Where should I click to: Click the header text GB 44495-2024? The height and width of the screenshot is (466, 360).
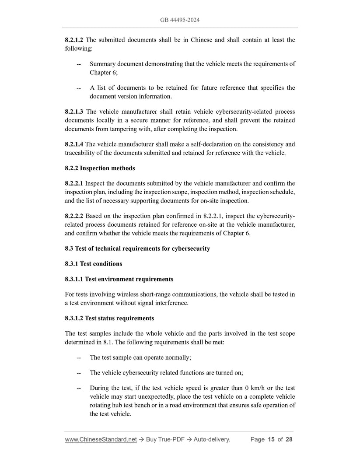coord(180,20)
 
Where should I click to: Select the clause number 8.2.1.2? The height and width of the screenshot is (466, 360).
coord(74,40)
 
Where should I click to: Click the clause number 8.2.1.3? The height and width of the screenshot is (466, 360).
coord(74,112)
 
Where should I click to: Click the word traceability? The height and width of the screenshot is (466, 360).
coord(81,153)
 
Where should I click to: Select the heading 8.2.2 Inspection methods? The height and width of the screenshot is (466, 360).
coord(100,168)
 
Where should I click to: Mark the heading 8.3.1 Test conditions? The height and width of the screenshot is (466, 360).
coord(93,264)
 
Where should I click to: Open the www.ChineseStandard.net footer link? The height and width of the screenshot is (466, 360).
coord(101,439)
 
